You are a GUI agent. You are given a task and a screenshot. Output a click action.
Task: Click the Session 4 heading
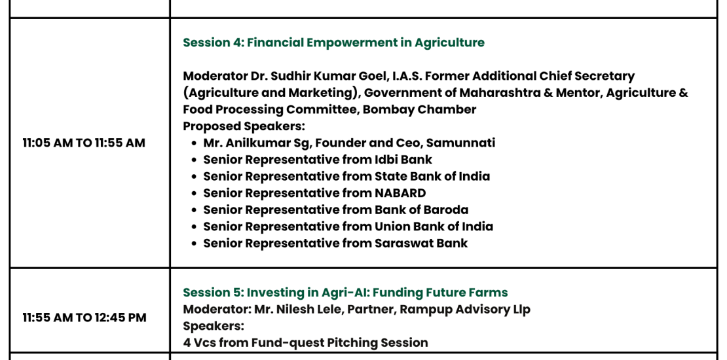pyautogui.click(x=333, y=43)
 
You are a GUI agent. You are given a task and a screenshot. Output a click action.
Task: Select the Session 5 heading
pyautogui.click(x=345, y=293)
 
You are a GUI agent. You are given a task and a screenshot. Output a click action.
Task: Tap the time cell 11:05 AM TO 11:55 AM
pyautogui.click(x=84, y=143)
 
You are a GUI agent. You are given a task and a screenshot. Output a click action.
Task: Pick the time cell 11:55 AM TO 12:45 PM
pyautogui.click(x=84, y=318)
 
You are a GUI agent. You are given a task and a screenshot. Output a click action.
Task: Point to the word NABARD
pyautogui.click(x=400, y=192)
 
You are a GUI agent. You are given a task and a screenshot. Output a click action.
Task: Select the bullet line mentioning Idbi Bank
pyautogui.click(x=318, y=160)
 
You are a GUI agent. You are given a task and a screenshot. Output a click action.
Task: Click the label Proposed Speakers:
pyautogui.click(x=244, y=126)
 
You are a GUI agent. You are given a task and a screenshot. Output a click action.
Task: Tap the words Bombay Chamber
pyautogui.click(x=419, y=110)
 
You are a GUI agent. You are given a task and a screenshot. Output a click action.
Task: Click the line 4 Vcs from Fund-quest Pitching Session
pyautogui.click(x=305, y=343)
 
